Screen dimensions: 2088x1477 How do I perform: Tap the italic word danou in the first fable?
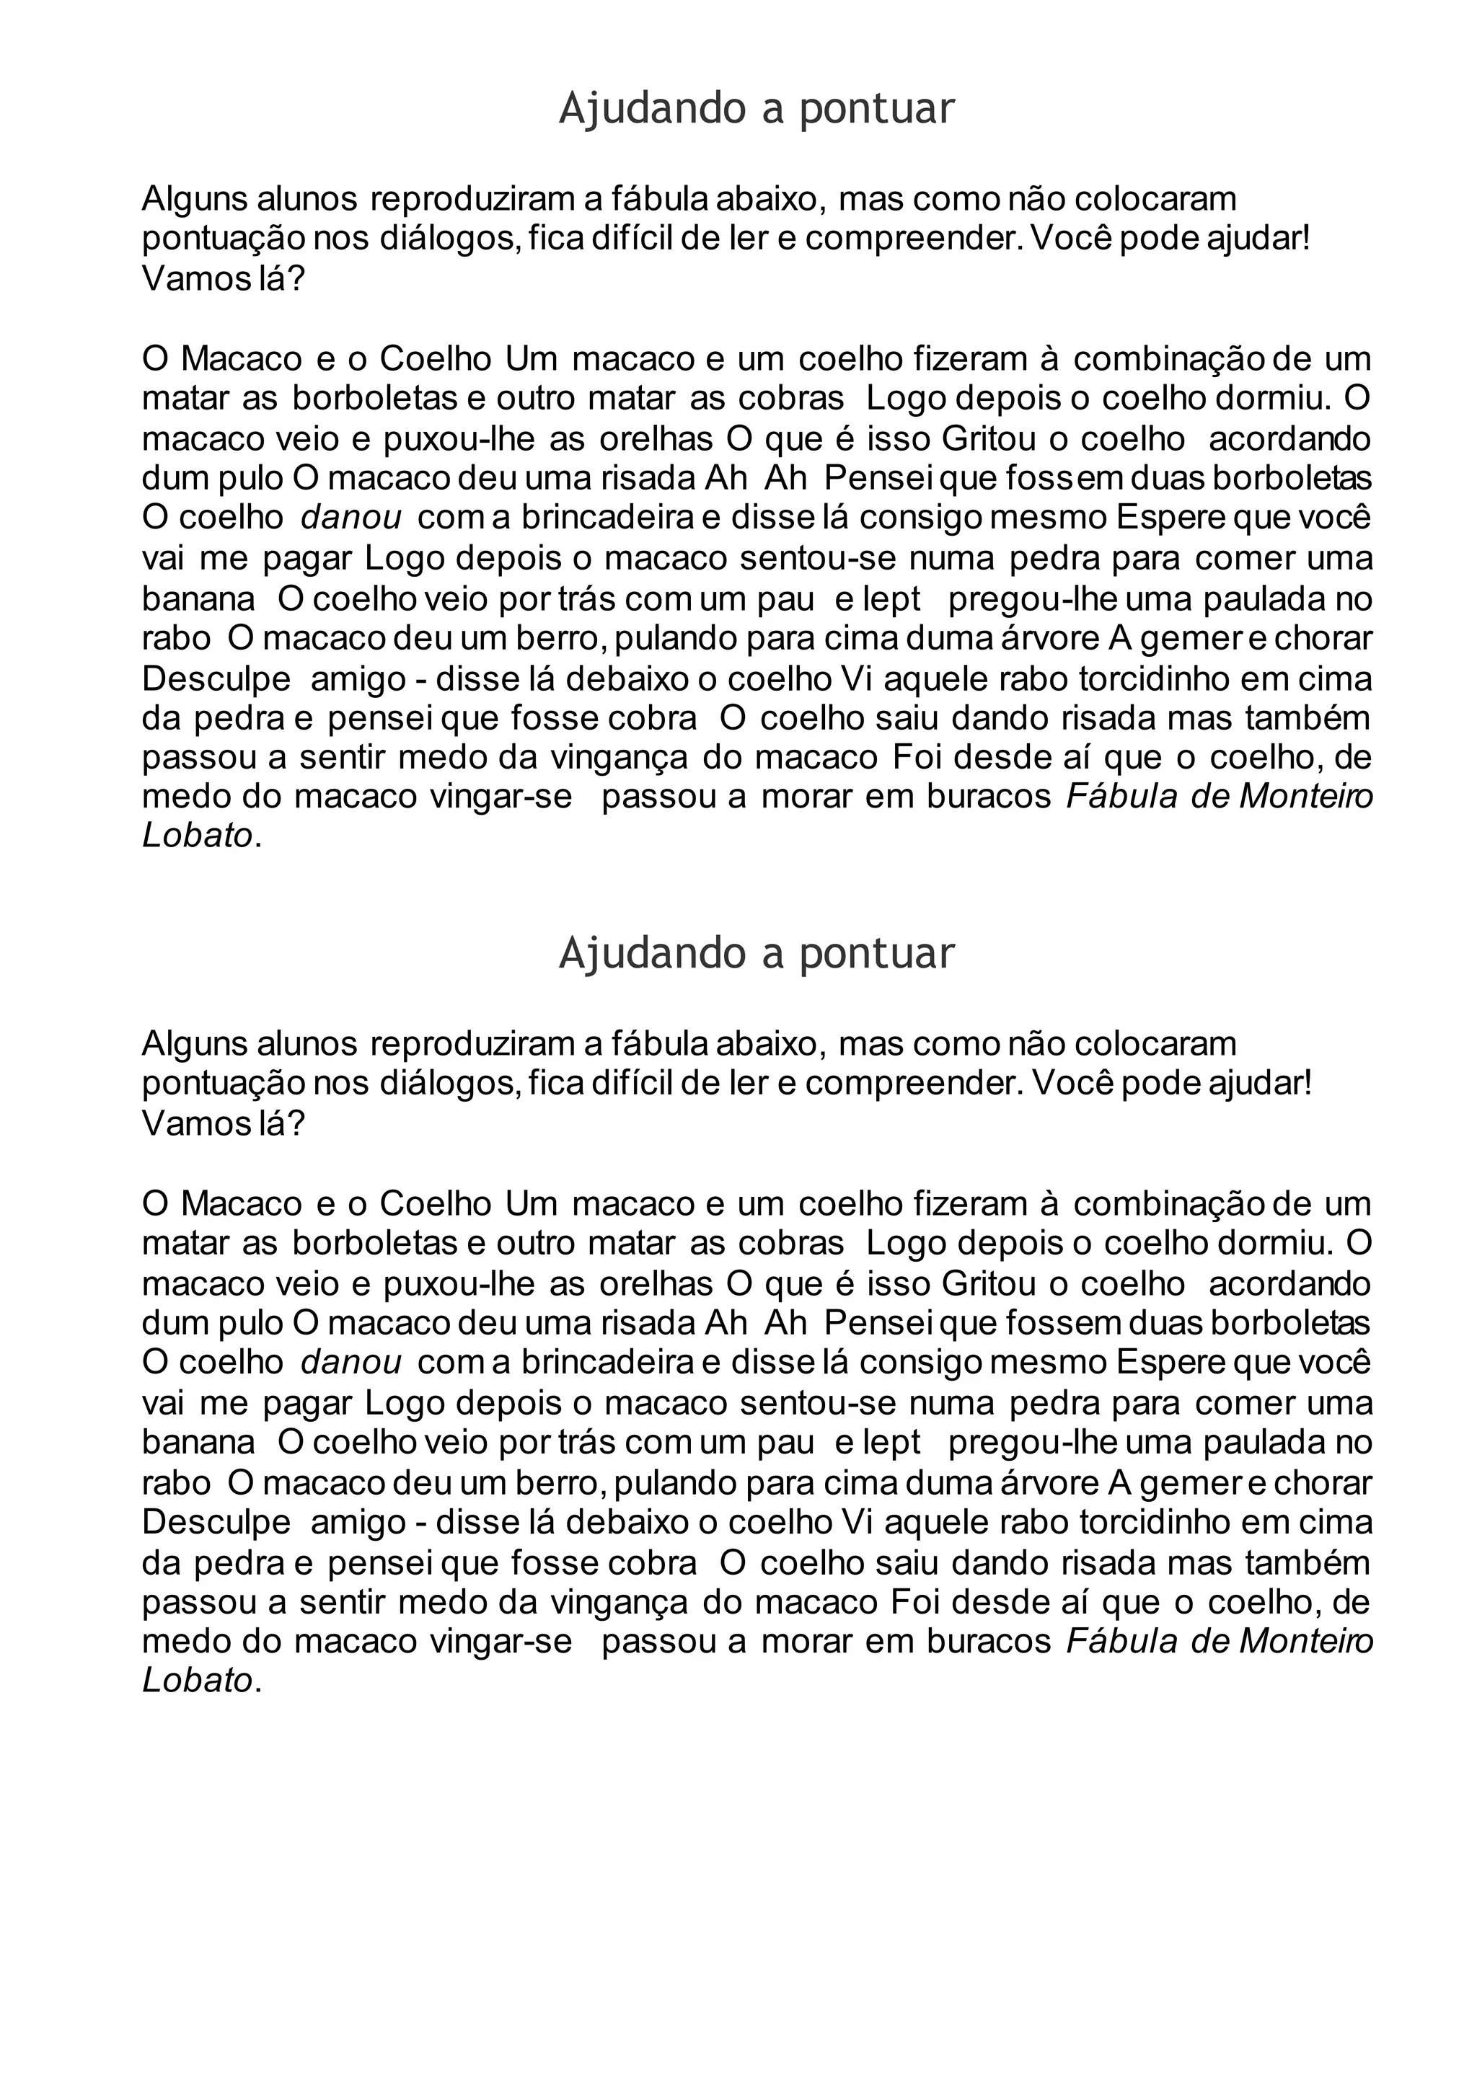[351, 518]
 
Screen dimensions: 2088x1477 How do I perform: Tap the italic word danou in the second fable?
[351, 1362]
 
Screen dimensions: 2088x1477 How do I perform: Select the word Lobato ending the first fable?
[196, 836]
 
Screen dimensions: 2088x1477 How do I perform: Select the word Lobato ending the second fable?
[196, 1681]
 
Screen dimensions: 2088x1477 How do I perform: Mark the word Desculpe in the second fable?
[216, 1522]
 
